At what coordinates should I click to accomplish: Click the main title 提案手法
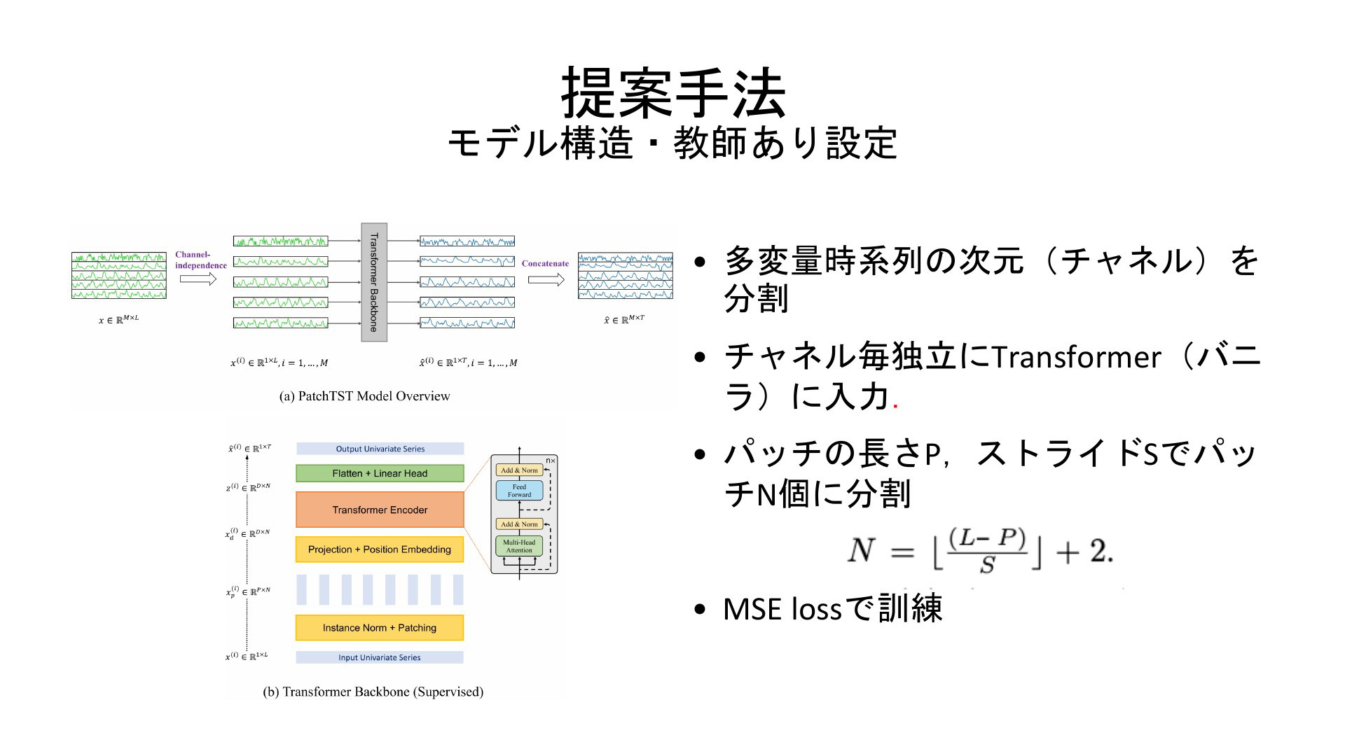tap(673, 93)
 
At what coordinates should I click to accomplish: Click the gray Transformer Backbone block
tap(374, 282)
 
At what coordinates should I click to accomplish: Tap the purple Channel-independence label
tap(201, 260)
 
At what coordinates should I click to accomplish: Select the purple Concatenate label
tap(545, 264)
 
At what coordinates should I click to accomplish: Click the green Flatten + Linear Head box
tap(380, 473)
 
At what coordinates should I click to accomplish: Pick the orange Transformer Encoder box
tap(380, 510)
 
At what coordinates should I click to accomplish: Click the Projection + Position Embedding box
tap(380, 549)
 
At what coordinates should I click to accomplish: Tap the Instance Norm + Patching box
tap(380, 628)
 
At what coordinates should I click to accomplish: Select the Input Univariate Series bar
tap(380, 657)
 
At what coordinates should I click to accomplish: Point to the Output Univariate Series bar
tap(380, 449)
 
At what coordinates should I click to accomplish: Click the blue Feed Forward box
tap(519, 491)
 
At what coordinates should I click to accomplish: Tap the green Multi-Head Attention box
tap(519, 546)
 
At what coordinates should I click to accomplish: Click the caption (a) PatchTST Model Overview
tap(365, 396)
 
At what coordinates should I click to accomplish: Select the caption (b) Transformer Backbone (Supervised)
tap(373, 692)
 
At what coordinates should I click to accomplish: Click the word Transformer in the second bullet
tap(1077, 358)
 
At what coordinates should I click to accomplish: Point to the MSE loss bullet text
tap(833, 608)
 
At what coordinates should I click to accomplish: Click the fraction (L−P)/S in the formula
tap(987, 551)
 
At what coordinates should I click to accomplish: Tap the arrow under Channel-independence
tap(198, 279)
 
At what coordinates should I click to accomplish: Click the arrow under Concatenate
tap(546, 280)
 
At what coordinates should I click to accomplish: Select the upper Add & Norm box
tap(519, 470)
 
